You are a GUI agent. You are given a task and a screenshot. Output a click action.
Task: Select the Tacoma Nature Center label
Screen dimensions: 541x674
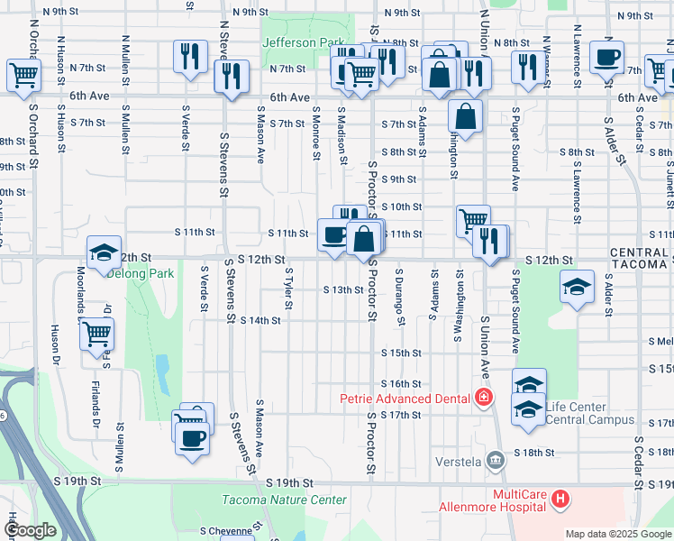pyautogui.click(x=284, y=500)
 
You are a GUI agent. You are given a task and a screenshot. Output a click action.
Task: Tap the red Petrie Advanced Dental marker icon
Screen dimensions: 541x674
pyautogui.click(x=485, y=398)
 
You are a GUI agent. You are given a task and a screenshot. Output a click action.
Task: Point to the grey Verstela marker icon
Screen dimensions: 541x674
pyautogui.click(x=495, y=462)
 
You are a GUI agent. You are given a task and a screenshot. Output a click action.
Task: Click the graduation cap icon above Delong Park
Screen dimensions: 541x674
pyautogui.click(x=104, y=252)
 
